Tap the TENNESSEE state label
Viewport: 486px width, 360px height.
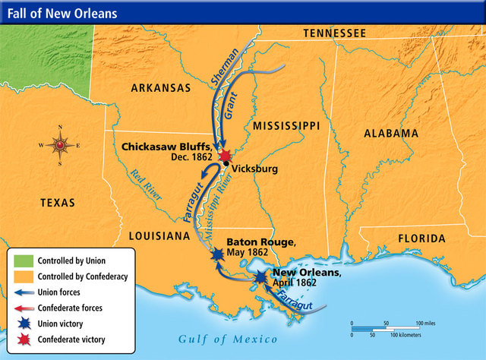coord(334,33)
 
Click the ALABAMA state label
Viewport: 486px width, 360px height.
coord(390,133)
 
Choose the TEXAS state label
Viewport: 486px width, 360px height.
coord(58,203)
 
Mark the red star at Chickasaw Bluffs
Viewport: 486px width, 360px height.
coord(226,156)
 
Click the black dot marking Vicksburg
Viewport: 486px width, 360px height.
coord(226,165)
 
